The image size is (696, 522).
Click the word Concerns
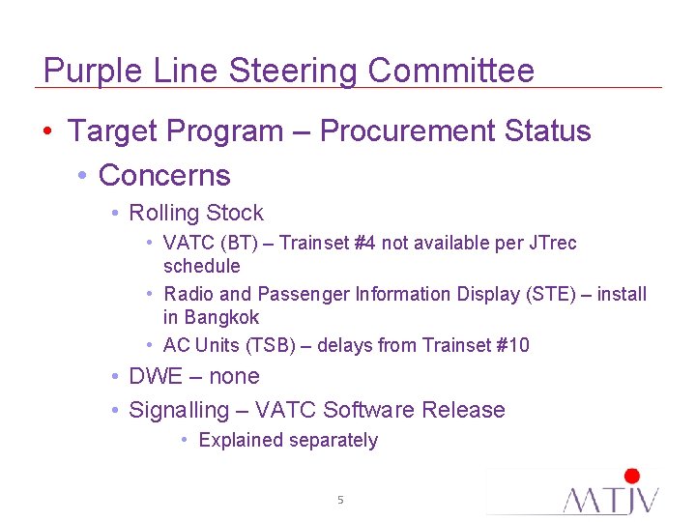(164, 175)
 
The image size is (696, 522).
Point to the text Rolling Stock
(196, 214)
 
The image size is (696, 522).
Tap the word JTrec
(551, 243)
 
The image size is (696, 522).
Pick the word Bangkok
(222, 317)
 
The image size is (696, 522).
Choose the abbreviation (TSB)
(271, 345)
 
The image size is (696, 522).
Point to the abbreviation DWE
(156, 376)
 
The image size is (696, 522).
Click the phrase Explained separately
(288, 441)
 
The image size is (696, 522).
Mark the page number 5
(340, 500)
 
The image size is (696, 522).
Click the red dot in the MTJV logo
(632, 476)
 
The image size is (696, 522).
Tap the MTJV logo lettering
(611, 500)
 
